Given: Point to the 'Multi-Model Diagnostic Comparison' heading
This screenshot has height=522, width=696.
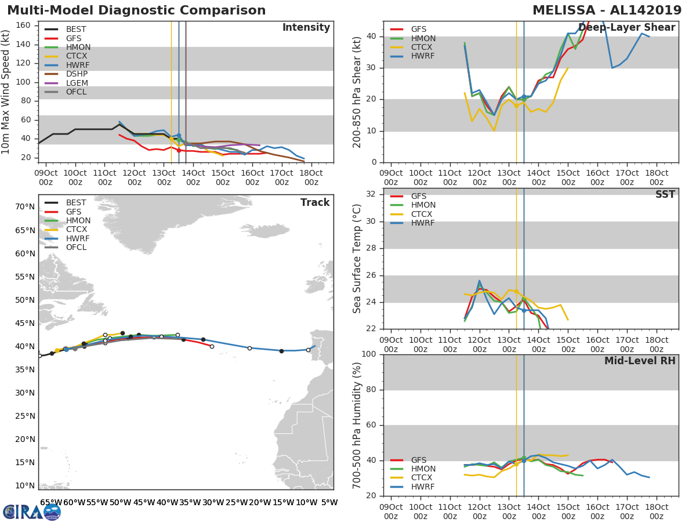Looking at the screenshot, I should (x=137, y=10).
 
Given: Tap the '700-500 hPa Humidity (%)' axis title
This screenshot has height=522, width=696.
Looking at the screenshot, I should (x=357, y=425).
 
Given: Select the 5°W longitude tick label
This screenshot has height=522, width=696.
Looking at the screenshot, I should (x=329, y=503).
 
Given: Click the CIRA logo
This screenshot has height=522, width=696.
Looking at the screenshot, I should (x=32, y=512).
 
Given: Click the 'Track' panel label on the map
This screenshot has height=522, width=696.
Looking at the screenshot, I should (x=315, y=202).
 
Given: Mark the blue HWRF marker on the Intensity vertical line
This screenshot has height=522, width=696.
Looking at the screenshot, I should (x=179, y=136).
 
